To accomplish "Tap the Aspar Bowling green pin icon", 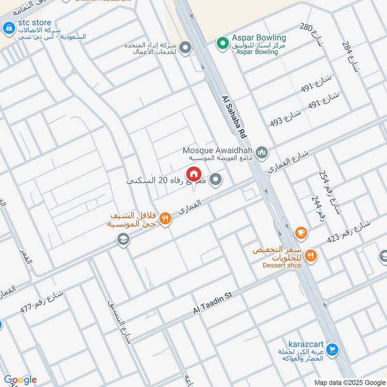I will (x=222, y=44).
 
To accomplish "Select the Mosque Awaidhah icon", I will (x=262, y=153).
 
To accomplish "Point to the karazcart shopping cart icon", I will (x=332, y=348).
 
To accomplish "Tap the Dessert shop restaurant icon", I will (x=311, y=256).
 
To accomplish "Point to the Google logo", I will (x=20, y=380).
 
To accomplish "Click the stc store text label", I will (x=34, y=23).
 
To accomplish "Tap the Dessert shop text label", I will (x=282, y=265).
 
